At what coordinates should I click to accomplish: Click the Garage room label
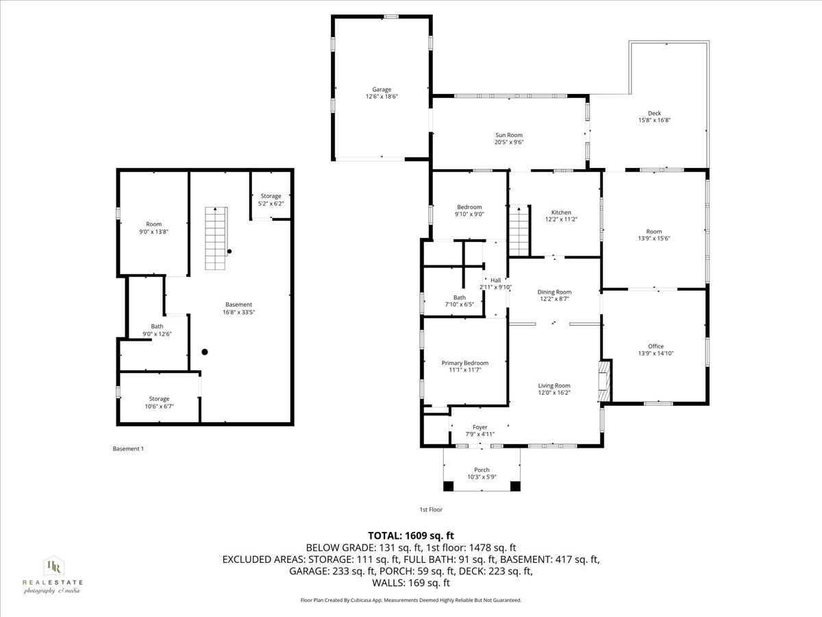[382, 89]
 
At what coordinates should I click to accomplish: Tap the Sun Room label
[509, 135]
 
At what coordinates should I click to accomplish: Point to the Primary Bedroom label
[465, 363]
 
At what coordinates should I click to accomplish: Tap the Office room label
[656, 346]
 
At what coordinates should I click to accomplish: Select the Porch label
[482, 470]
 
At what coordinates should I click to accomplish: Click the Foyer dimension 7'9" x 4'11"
[480, 434]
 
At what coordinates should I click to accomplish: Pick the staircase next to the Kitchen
[519, 230]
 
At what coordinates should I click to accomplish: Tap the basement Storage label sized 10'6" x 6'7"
[159, 399]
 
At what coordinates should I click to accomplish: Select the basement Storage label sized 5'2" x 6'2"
[271, 196]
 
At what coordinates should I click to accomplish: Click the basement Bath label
[157, 326]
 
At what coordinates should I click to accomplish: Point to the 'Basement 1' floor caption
[128, 449]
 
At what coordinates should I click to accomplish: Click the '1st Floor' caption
[431, 509]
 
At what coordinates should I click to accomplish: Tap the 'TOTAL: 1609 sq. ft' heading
[411, 535]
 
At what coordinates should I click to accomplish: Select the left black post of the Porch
[448, 486]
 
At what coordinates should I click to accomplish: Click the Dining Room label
[554, 291]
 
